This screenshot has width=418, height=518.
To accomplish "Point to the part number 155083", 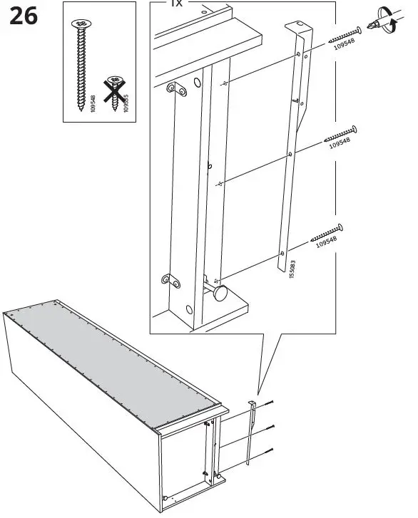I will [x=292, y=270].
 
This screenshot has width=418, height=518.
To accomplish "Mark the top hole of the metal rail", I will [x=298, y=56].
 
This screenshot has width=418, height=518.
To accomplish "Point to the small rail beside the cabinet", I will [x=251, y=430].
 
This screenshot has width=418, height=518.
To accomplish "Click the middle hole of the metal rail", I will [x=290, y=153].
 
